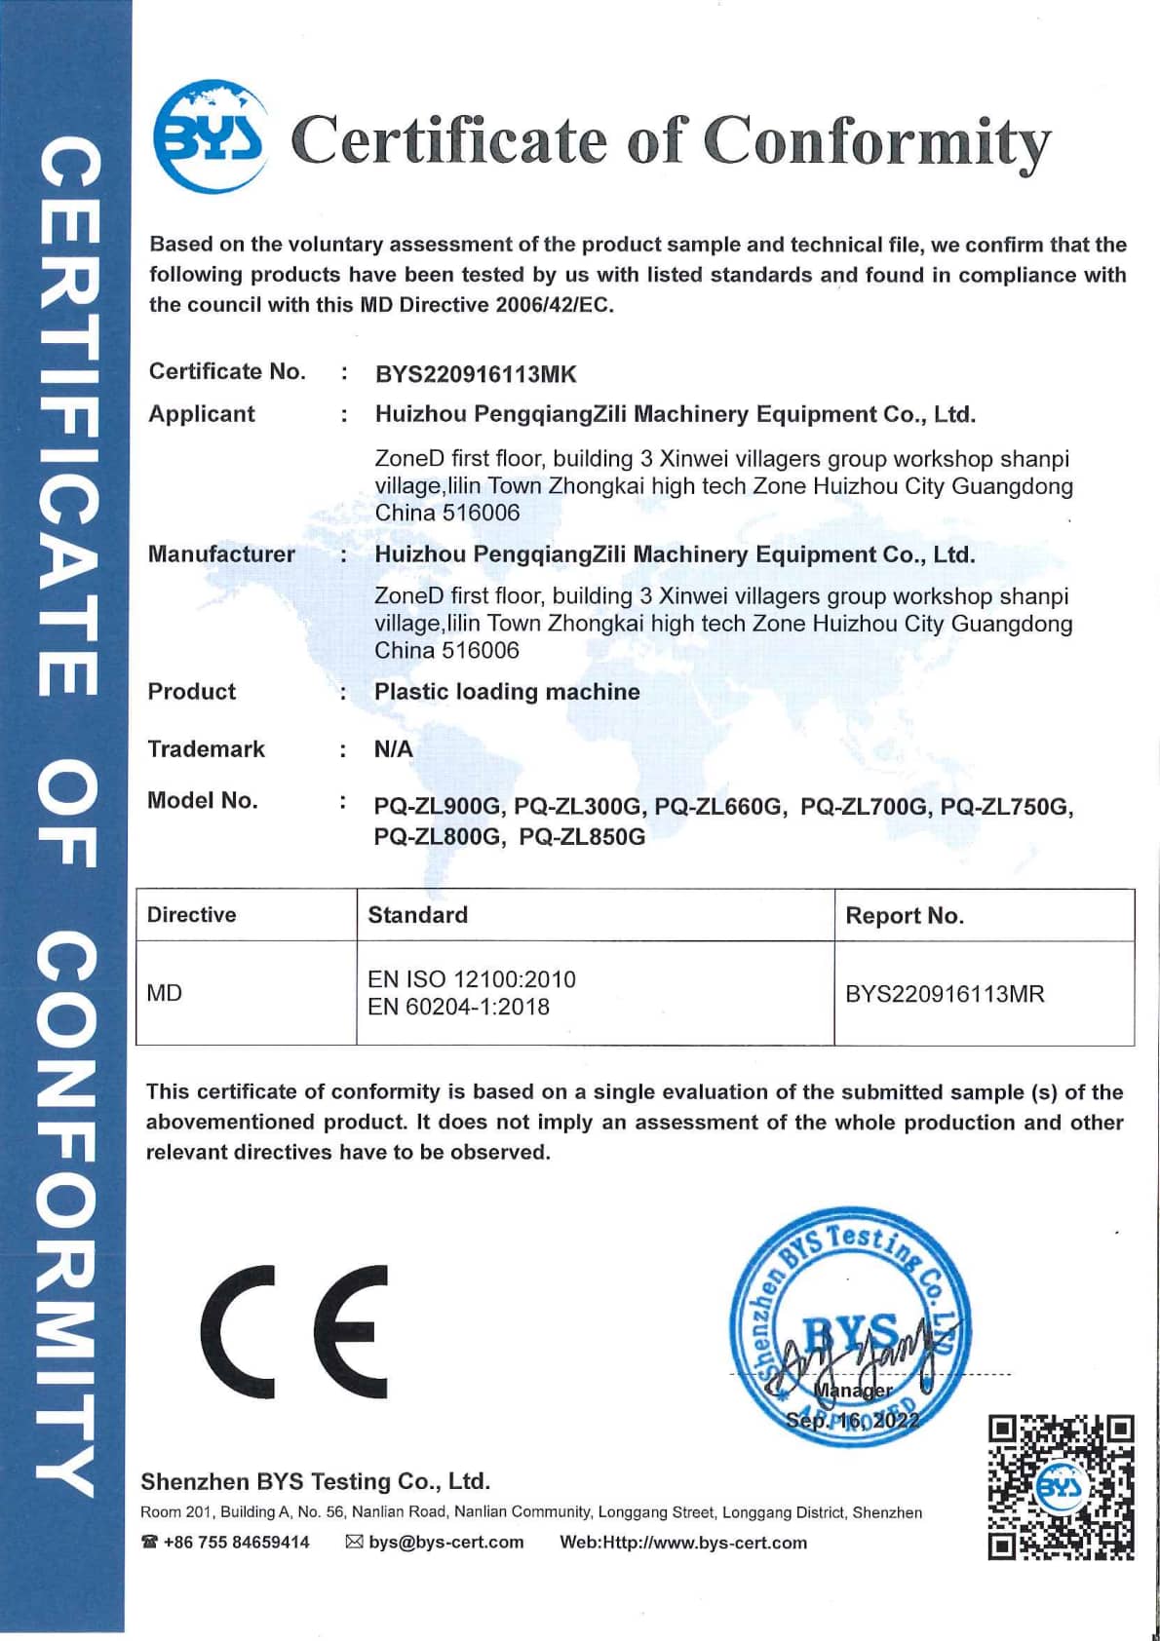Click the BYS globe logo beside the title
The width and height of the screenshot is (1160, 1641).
pyautogui.click(x=211, y=137)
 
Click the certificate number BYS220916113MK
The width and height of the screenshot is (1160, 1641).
pyautogui.click(x=476, y=374)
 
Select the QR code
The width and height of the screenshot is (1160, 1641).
pyautogui.click(x=1061, y=1487)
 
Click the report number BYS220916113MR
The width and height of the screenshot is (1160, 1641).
pyautogui.click(x=945, y=994)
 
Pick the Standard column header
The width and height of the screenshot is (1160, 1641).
pyautogui.click(x=417, y=915)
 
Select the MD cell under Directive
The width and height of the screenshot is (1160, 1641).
pyautogui.click(x=165, y=993)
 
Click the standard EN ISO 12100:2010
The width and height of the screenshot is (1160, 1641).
pyautogui.click(x=472, y=979)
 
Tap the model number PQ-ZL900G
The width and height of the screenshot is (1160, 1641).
pyautogui.click(x=438, y=807)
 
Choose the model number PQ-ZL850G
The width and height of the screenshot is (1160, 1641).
pyautogui.click(x=582, y=837)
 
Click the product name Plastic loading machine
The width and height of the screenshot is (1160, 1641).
pyautogui.click(x=507, y=692)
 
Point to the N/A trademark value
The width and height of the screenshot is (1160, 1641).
pyautogui.click(x=394, y=749)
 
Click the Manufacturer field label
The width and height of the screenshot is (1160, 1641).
pyautogui.click(x=221, y=554)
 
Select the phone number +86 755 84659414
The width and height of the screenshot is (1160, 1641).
pyautogui.click(x=236, y=1543)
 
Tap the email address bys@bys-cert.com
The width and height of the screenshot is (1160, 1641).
pyautogui.click(x=445, y=1543)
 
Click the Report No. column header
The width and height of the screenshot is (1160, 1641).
pyautogui.click(x=905, y=916)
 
